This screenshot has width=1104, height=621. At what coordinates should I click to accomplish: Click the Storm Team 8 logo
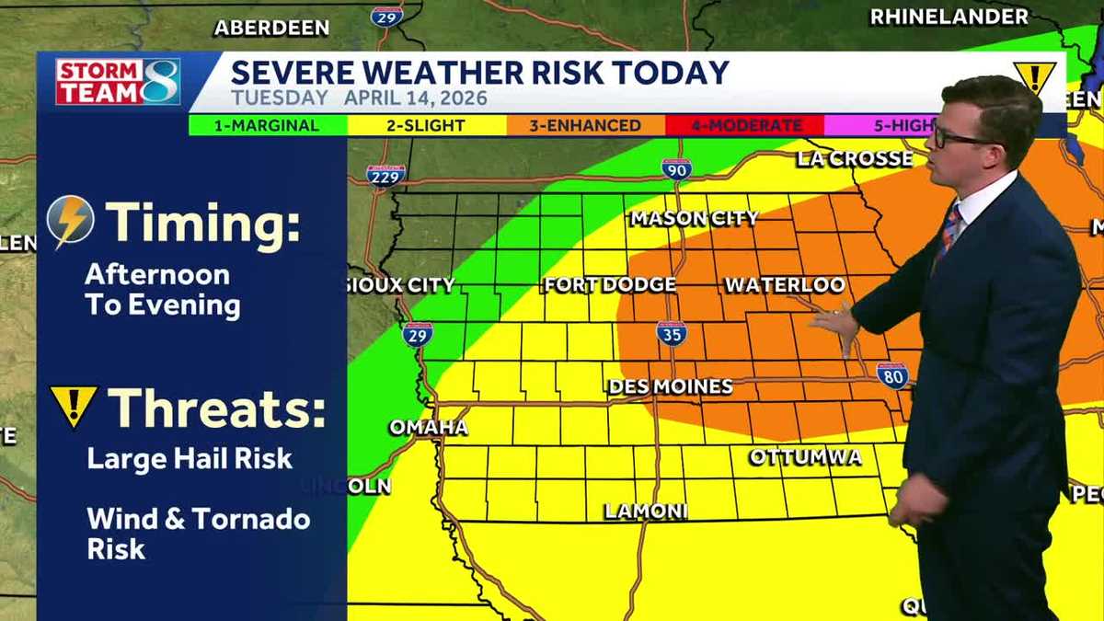(x=118, y=82)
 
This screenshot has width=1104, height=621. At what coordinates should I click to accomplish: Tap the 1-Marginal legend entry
(x=267, y=125)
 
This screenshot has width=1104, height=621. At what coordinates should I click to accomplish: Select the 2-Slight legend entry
(x=425, y=125)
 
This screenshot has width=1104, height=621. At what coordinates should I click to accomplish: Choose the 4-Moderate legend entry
(x=744, y=125)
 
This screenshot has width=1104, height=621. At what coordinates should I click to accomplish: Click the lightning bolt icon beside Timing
(x=71, y=222)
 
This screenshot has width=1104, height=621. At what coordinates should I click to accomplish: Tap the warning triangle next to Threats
(x=74, y=407)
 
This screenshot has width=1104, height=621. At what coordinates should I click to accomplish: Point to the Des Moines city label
(x=671, y=387)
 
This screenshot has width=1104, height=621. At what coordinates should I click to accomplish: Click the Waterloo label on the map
(x=785, y=285)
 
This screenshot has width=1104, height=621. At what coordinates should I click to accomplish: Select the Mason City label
(x=694, y=218)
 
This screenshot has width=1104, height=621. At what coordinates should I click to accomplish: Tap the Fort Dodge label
(x=610, y=285)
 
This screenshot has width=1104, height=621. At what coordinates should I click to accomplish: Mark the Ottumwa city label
(x=805, y=457)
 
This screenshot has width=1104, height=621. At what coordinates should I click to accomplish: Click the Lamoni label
(x=646, y=512)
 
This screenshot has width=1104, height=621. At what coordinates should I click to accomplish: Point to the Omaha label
(x=428, y=428)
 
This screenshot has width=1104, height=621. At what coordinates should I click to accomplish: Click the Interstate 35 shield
(x=672, y=333)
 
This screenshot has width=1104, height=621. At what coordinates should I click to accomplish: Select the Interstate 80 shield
(x=891, y=374)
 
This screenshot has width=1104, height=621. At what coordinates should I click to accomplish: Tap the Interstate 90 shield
(x=676, y=168)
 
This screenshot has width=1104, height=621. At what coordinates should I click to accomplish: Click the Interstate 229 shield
(x=385, y=175)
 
